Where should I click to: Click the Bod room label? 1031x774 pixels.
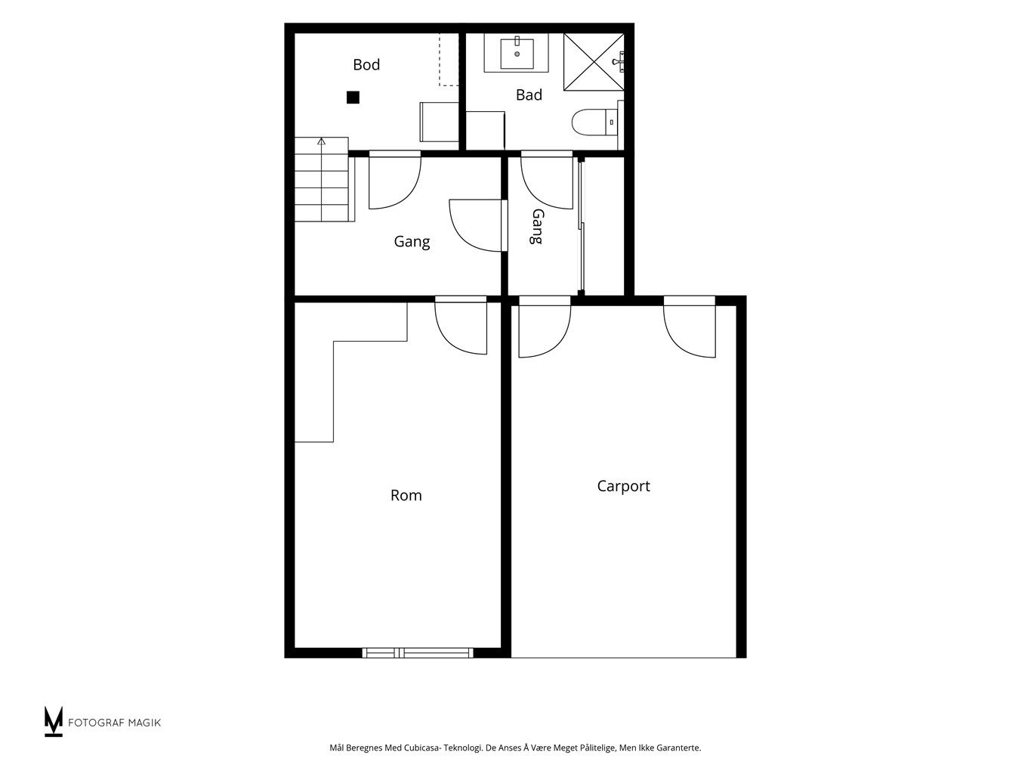tap(366, 65)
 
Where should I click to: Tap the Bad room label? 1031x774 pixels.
tap(529, 95)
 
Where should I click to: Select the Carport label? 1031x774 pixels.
tap(623, 486)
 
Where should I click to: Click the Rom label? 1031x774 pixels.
tap(406, 495)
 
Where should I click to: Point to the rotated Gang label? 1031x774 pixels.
tap(537, 227)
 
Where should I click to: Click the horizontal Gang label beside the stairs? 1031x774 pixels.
tap(412, 242)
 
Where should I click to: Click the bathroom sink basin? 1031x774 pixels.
tap(517, 54)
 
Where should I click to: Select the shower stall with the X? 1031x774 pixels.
tap(594, 61)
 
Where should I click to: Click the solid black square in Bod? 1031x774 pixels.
tap(353, 98)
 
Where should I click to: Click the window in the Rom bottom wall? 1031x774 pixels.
tap(418, 652)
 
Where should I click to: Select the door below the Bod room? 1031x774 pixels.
tap(394, 180)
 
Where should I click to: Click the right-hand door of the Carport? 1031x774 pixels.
tap(690, 327)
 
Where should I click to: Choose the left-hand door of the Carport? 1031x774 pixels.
tap(545, 327)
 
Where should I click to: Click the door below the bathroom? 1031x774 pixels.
tap(547, 180)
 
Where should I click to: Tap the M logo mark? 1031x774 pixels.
tap(54, 721)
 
